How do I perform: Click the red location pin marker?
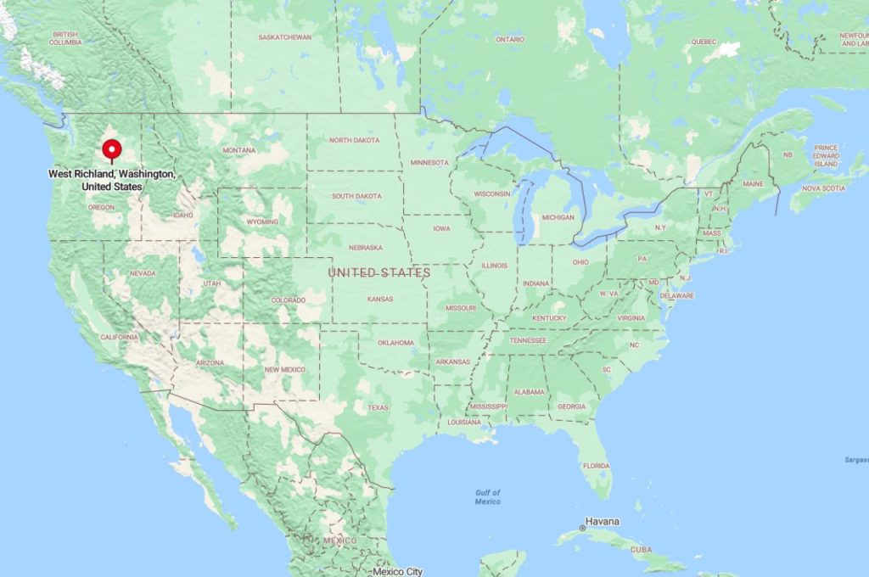[111, 149]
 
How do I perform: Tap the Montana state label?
[238, 150]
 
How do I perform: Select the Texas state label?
[378, 407]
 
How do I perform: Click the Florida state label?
[596, 465]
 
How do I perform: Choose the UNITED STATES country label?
[379, 272]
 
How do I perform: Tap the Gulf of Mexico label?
[488, 497]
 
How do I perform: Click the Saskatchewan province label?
[285, 37]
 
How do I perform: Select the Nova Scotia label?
[823, 188]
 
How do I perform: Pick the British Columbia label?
[64, 38]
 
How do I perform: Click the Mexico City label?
[398, 571]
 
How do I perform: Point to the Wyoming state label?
[262, 222]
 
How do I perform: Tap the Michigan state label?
[558, 217]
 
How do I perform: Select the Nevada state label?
[143, 273]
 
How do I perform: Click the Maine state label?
[753, 183]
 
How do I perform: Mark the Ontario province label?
[510, 39]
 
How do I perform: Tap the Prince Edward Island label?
[826, 155]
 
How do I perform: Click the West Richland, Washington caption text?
[112, 179]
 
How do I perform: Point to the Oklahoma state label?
[396, 343]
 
